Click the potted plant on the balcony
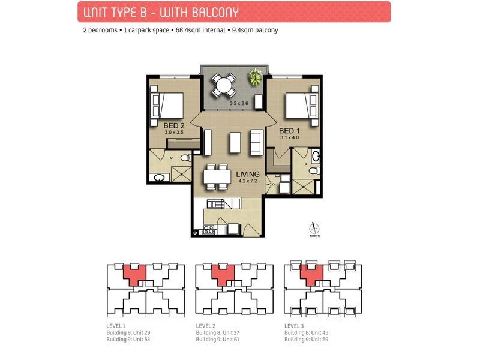click(256, 76)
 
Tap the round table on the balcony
click(224, 84)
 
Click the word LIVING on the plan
click(247, 174)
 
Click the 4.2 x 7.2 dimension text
click(247, 181)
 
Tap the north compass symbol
click(312, 229)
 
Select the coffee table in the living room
click(235, 142)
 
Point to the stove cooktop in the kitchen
click(209, 229)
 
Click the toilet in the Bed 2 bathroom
click(160, 178)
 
